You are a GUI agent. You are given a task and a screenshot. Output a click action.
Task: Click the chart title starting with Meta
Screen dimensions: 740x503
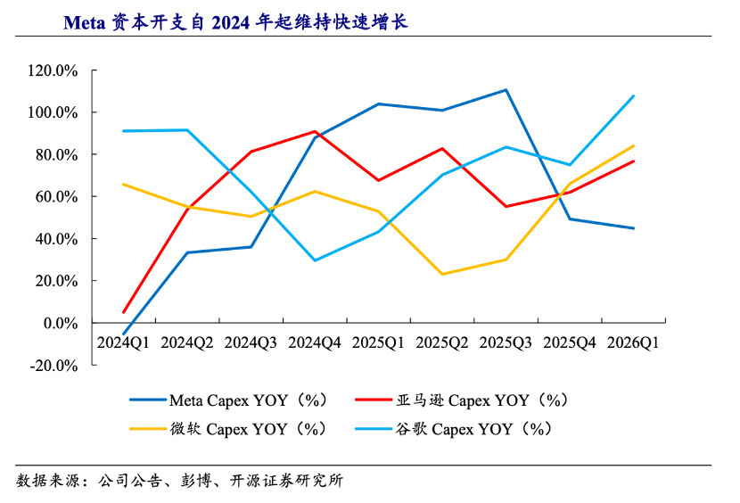click(x=235, y=22)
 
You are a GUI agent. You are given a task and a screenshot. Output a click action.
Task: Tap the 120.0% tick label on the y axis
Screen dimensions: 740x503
click(x=53, y=70)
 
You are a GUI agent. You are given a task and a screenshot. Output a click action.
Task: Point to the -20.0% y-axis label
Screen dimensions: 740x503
click(x=53, y=366)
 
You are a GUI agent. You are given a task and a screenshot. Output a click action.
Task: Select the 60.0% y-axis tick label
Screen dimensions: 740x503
click(x=57, y=197)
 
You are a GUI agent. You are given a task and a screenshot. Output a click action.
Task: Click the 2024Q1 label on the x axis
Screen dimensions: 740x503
click(x=123, y=342)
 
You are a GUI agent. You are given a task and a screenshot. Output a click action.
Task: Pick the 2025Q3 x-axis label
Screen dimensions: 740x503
click(x=506, y=342)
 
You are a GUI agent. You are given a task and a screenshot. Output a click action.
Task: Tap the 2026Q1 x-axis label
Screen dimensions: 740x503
click(x=633, y=342)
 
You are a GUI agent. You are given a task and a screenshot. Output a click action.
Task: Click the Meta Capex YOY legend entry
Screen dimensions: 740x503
click(x=228, y=400)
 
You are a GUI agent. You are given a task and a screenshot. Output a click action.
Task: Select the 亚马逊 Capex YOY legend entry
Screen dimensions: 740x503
click(x=462, y=400)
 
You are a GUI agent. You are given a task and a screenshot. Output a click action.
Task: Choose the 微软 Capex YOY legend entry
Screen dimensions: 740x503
click(x=228, y=429)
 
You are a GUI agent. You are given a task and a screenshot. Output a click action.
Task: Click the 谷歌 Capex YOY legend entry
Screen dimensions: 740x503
click(x=454, y=429)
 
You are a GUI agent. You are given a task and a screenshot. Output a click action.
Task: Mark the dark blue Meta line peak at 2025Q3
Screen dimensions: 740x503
click(x=506, y=90)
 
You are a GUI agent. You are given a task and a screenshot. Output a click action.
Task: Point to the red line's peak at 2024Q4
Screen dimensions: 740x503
click(x=315, y=131)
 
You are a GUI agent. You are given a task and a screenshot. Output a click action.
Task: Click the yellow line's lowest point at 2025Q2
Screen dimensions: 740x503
click(x=442, y=274)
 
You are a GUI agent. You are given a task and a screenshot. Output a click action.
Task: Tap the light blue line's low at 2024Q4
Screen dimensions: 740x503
click(x=315, y=260)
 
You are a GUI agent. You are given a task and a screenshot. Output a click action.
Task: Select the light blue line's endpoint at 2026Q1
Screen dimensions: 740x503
click(x=633, y=96)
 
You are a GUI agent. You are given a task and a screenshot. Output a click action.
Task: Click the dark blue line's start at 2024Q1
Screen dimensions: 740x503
click(x=124, y=334)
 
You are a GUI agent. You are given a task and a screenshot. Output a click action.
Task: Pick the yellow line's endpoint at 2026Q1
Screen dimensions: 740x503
click(x=633, y=146)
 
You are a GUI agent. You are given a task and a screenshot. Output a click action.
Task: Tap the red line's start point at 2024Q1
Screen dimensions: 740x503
click(x=124, y=312)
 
